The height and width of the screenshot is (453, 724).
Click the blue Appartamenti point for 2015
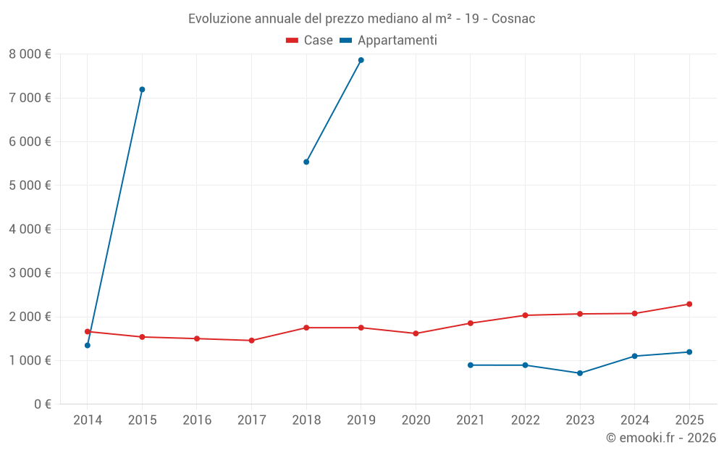(x=142, y=89)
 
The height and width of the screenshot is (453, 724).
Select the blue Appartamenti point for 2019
(x=361, y=60)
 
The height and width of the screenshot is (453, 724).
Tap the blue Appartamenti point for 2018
(x=306, y=162)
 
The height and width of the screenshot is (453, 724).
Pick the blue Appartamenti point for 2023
(x=580, y=373)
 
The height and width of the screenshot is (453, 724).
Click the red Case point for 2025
(x=689, y=304)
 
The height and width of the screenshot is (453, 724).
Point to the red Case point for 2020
(x=416, y=333)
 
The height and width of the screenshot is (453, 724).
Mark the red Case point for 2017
(x=251, y=340)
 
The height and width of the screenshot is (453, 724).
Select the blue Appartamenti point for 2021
(x=471, y=365)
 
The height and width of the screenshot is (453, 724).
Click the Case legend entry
(x=310, y=41)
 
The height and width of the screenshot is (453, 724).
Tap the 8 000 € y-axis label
(x=30, y=54)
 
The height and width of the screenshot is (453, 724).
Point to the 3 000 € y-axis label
(x=30, y=273)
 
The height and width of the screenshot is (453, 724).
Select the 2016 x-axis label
(x=197, y=420)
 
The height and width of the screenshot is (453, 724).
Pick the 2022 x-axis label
(x=525, y=420)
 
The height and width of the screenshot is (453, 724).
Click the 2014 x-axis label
(x=88, y=420)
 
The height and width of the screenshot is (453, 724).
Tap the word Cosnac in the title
(x=513, y=19)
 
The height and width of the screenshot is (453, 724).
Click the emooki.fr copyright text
(x=661, y=438)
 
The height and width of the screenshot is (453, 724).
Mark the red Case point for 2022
(x=525, y=315)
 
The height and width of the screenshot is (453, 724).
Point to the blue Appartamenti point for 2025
(x=689, y=352)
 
